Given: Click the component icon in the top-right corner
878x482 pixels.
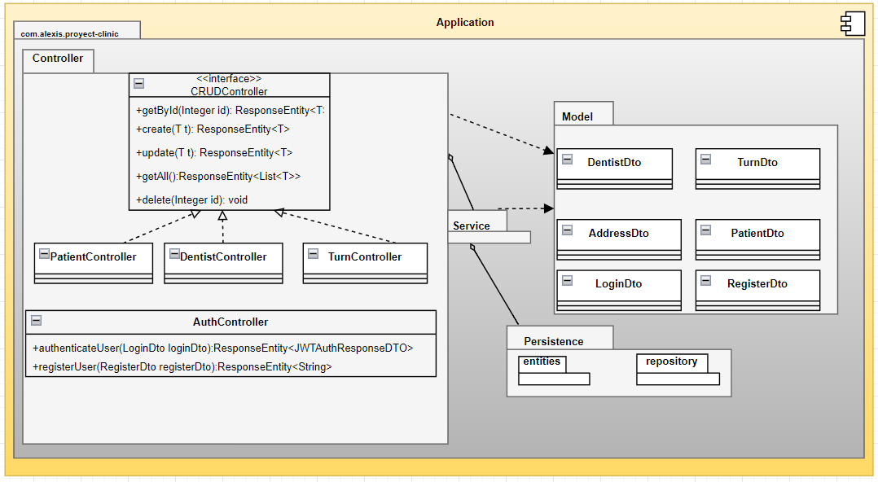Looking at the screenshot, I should click(853, 24).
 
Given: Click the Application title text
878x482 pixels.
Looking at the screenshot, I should click(465, 22).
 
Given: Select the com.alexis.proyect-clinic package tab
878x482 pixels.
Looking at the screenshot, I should click(76, 33).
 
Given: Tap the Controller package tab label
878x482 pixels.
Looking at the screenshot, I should click(58, 59).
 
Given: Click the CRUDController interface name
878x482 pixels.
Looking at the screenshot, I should click(229, 91).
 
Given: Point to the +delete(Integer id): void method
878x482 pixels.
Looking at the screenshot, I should click(192, 199).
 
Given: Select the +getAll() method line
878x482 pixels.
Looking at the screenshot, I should click(218, 176).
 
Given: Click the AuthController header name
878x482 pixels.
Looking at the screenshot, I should click(230, 322).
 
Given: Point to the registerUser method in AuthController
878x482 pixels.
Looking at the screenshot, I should click(182, 367).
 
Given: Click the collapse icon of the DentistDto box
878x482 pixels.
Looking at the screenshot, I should click(568, 160).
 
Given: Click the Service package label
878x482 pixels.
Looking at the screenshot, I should click(472, 226).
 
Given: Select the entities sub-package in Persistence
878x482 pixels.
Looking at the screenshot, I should click(542, 361).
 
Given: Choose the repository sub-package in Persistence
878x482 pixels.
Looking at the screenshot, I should click(672, 361).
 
